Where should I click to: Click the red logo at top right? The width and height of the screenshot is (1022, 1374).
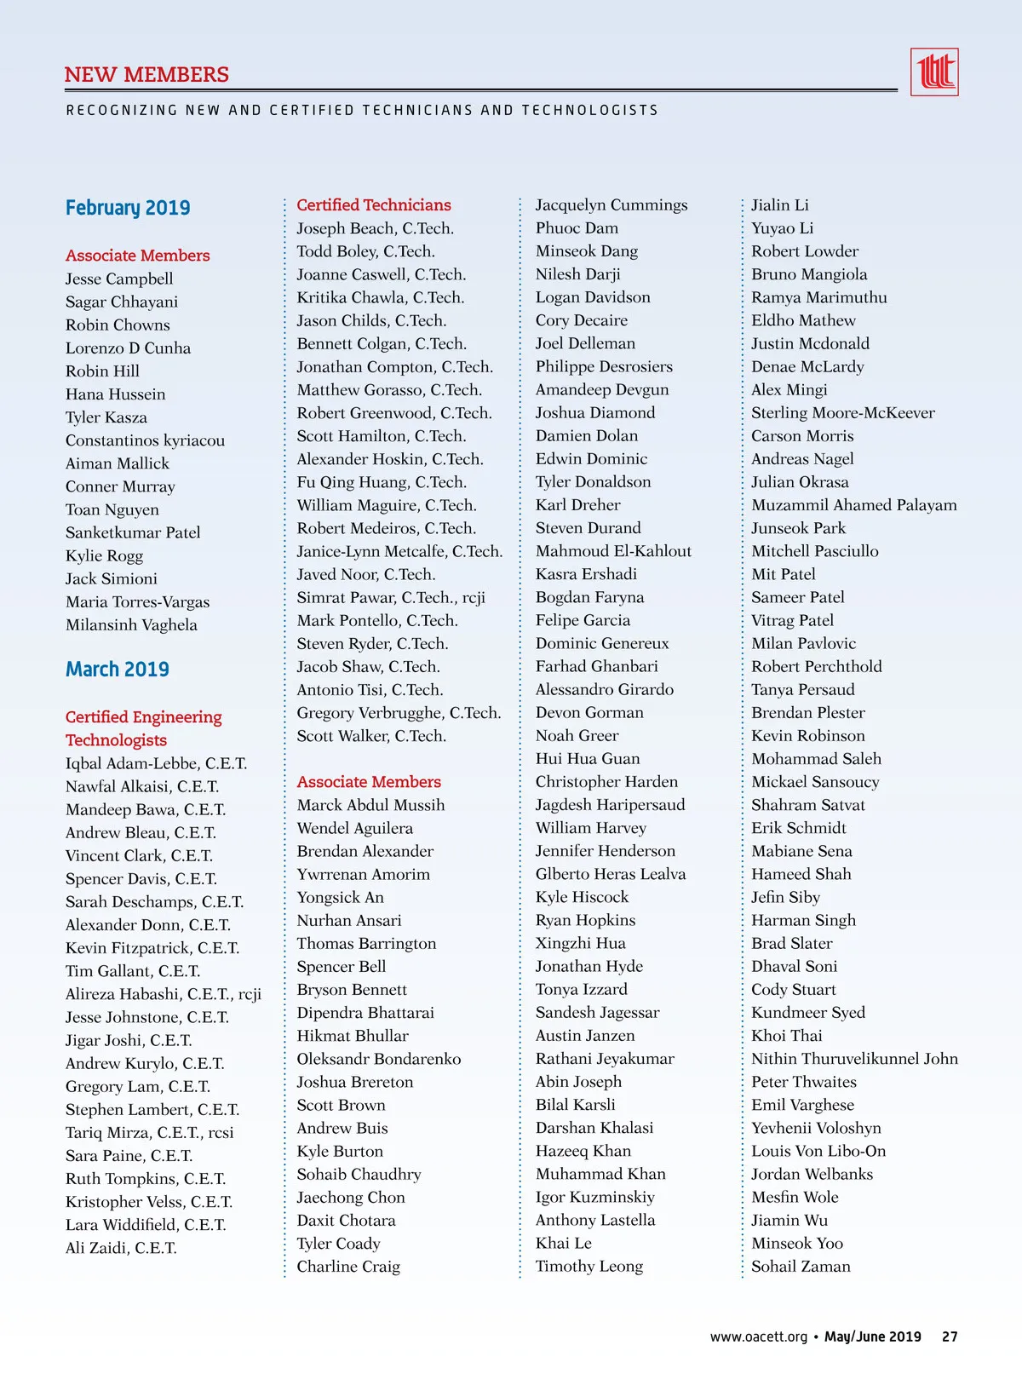click(934, 72)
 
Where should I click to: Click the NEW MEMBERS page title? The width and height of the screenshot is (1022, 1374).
click(146, 75)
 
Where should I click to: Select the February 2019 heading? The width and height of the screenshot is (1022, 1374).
click(128, 208)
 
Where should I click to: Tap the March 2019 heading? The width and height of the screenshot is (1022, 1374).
click(118, 670)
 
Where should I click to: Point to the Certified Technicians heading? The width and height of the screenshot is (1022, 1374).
click(374, 205)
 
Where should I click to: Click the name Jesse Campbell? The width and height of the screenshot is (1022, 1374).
click(119, 279)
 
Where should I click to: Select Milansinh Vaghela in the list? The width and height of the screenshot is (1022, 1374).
click(131, 625)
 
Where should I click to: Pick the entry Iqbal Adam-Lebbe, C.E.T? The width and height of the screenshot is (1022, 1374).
click(156, 763)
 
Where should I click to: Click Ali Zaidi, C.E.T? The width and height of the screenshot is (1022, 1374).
click(121, 1248)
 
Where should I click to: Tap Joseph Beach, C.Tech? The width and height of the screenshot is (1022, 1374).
click(375, 228)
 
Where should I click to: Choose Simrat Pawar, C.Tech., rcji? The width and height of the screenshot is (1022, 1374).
click(391, 598)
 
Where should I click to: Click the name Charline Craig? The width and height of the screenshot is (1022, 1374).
click(348, 1267)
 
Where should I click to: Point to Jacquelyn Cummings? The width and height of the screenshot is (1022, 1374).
click(611, 205)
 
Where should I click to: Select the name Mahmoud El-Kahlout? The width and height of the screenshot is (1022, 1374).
click(613, 551)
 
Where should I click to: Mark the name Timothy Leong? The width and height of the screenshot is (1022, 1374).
click(589, 1267)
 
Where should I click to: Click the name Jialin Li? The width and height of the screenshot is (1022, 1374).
click(780, 205)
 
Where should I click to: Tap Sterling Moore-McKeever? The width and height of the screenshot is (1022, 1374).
click(843, 413)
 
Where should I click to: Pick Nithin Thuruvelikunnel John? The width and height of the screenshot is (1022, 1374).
click(854, 1059)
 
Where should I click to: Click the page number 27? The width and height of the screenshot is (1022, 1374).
click(950, 1337)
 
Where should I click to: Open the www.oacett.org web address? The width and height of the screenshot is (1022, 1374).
click(759, 1337)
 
